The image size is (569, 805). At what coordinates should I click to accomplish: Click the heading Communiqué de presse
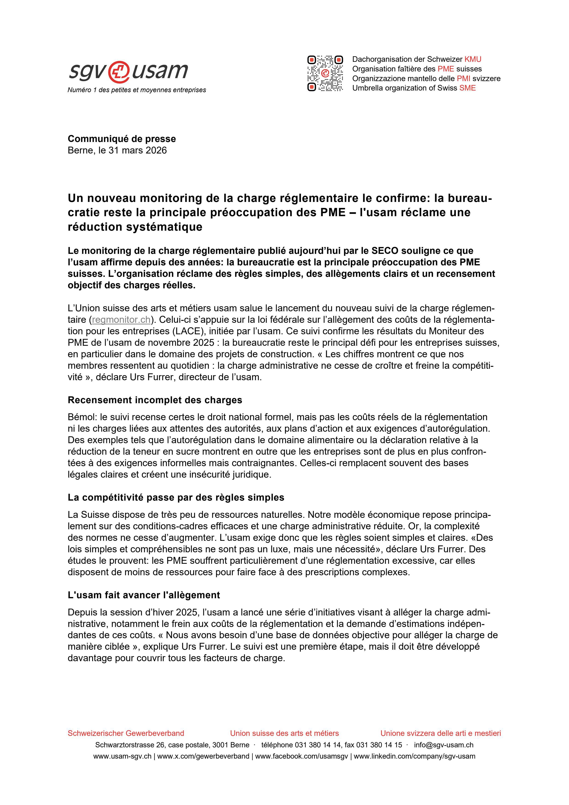122,139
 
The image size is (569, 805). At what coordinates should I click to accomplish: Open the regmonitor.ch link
121,320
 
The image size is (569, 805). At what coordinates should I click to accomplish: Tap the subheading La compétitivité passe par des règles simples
176,498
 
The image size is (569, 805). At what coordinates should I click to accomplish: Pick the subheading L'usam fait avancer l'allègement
144,595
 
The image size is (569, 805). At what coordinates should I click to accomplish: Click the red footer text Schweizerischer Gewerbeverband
126,733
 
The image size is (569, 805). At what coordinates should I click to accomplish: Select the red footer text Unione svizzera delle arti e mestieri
440,733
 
